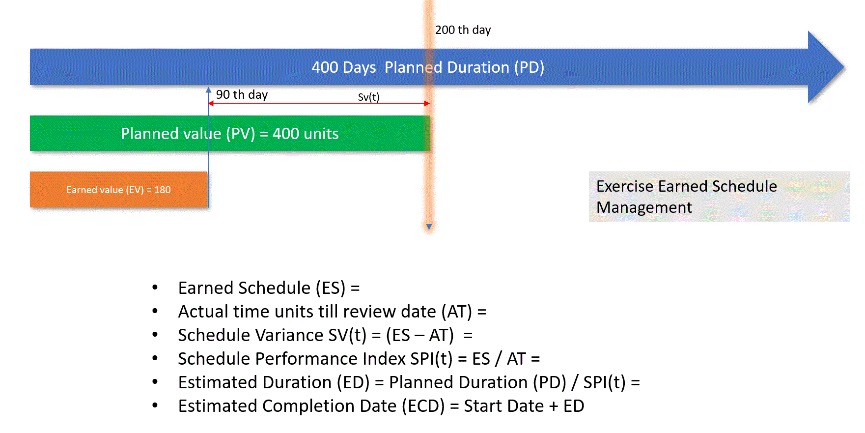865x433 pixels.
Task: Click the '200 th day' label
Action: click(463, 30)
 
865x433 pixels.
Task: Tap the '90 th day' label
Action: click(242, 94)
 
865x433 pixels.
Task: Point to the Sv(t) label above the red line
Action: click(368, 97)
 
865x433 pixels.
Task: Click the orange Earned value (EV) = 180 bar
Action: click(118, 189)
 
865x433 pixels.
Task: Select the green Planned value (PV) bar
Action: click(229, 133)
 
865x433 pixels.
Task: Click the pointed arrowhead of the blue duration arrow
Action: click(843, 67)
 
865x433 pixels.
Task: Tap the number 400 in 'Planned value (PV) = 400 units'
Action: click(285, 134)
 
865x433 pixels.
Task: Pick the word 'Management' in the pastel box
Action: click(644, 208)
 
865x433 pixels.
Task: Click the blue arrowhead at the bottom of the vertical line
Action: click(429, 227)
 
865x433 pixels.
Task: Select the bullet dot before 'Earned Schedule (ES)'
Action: click(155, 287)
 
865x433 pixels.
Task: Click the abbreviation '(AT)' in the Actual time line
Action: click(456, 312)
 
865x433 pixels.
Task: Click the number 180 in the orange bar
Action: click(163, 190)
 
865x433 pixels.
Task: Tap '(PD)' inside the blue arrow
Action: click(529, 67)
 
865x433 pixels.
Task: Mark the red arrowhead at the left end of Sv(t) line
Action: click(211, 103)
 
